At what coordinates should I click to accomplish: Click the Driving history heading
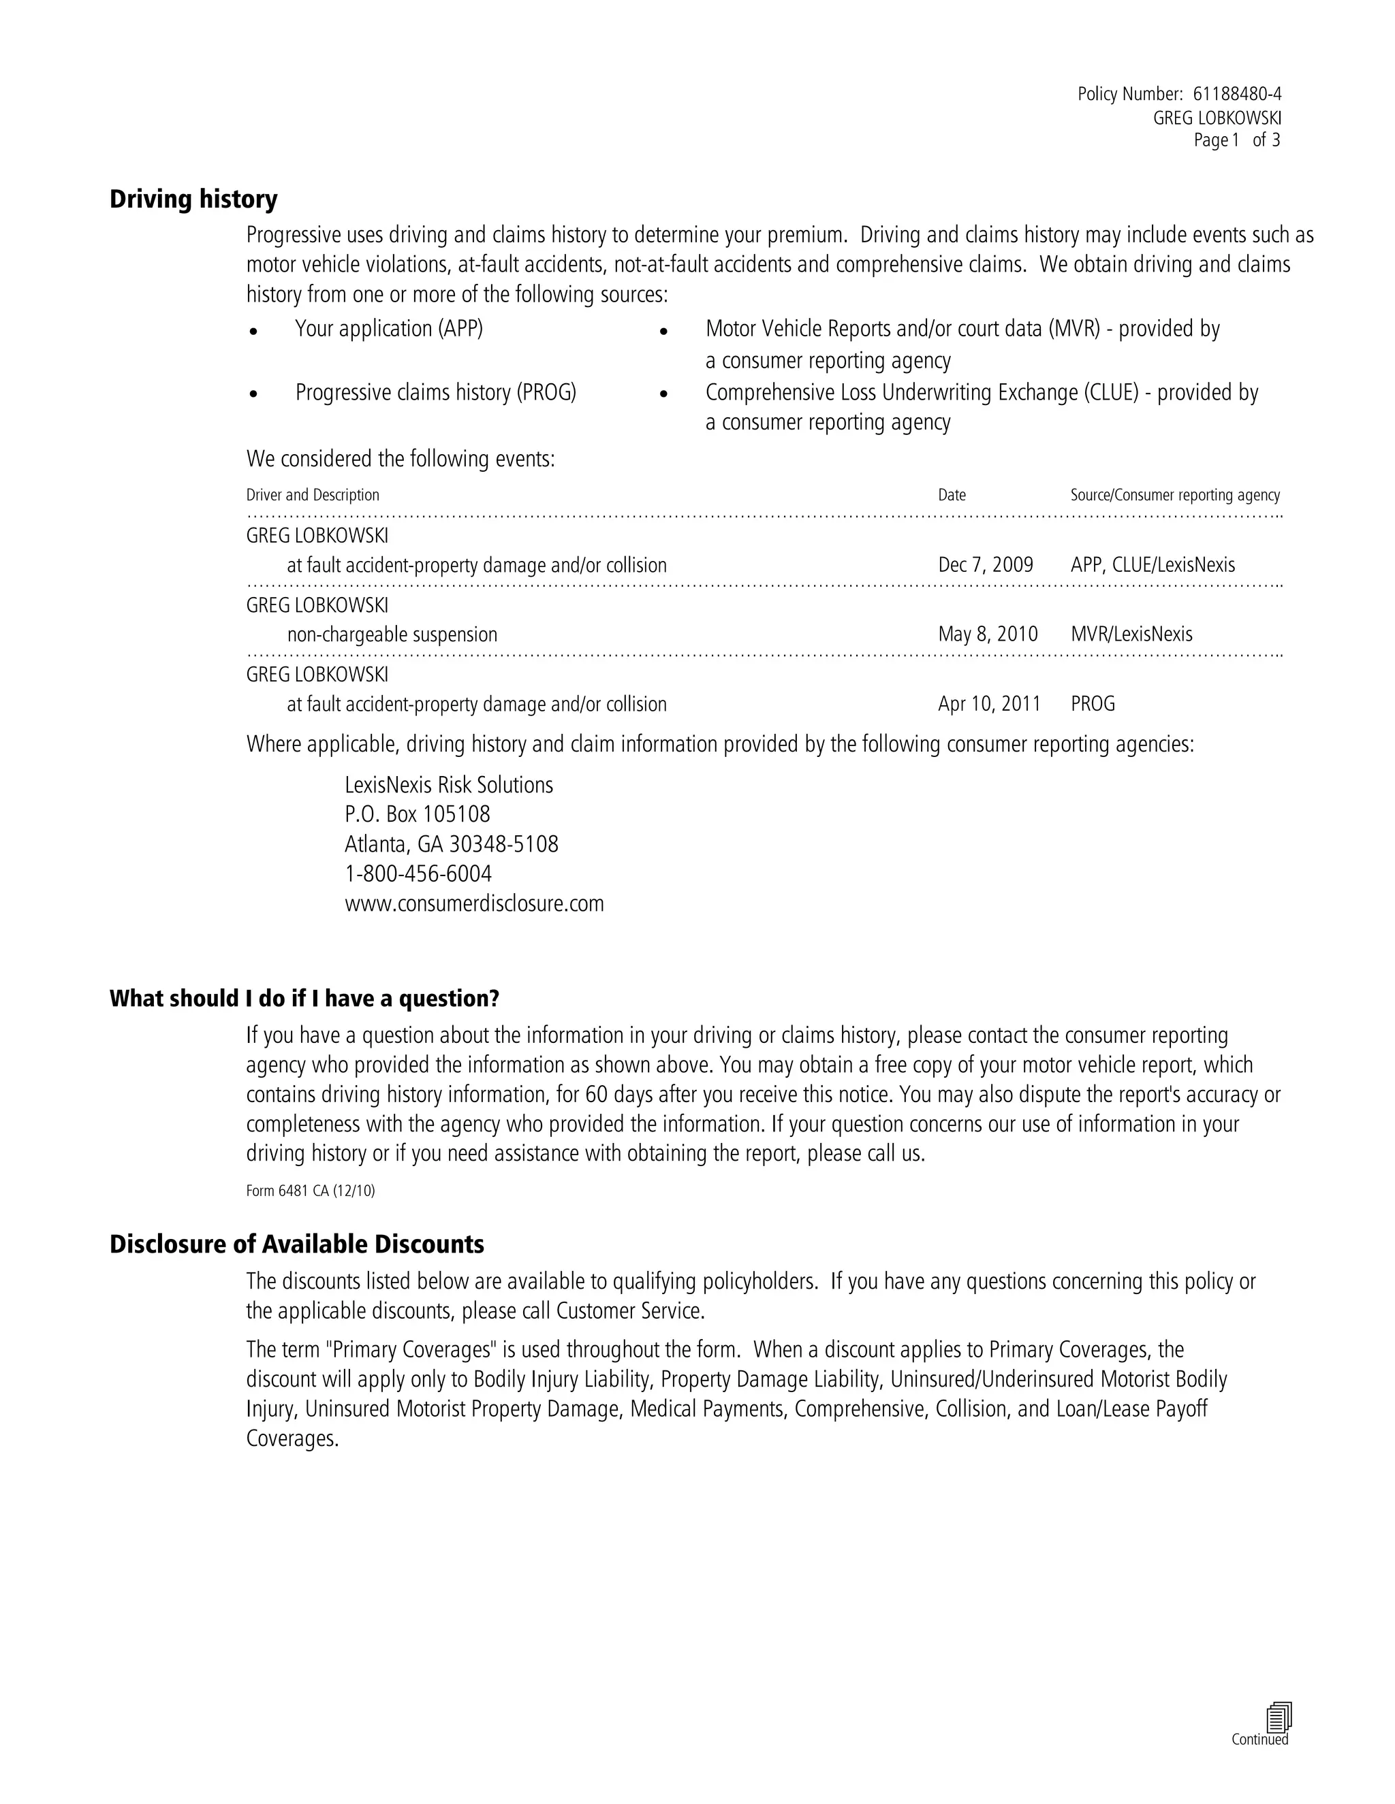click(193, 199)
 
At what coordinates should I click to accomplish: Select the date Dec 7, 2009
click(985, 565)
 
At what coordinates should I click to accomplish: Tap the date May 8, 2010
click(988, 634)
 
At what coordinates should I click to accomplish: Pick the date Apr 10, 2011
click(989, 704)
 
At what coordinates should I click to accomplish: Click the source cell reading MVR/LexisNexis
click(1131, 634)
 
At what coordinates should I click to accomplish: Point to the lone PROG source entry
click(1093, 704)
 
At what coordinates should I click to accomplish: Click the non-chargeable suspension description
click(392, 634)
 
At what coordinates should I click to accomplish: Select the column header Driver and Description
click(313, 495)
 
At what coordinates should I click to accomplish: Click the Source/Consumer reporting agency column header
click(1174, 495)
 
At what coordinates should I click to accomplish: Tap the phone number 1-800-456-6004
click(418, 874)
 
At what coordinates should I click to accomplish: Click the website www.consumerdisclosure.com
click(474, 903)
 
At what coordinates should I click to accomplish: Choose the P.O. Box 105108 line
click(418, 814)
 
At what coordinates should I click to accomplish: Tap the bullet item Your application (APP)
click(388, 329)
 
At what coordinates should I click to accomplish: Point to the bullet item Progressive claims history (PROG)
click(435, 392)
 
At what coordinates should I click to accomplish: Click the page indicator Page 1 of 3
click(1236, 140)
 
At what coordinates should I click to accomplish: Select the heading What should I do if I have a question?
click(304, 999)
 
